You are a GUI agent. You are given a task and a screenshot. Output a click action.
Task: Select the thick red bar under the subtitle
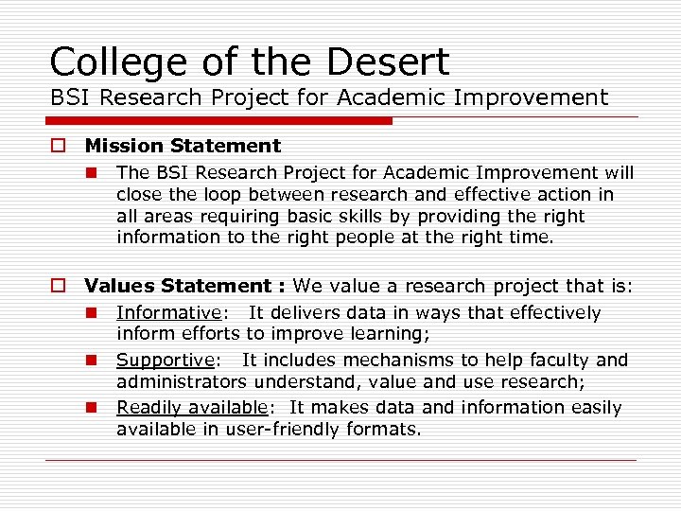(x=218, y=121)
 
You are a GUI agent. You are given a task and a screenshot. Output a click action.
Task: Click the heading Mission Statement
(x=183, y=146)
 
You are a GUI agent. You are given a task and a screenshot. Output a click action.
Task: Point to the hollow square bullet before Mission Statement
(x=59, y=146)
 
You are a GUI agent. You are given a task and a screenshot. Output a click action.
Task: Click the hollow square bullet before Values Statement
(x=59, y=286)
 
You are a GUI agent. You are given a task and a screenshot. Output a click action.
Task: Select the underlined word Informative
(x=167, y=312)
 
